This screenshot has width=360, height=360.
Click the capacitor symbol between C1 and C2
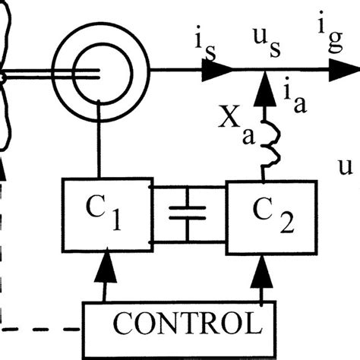(182, 216)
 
